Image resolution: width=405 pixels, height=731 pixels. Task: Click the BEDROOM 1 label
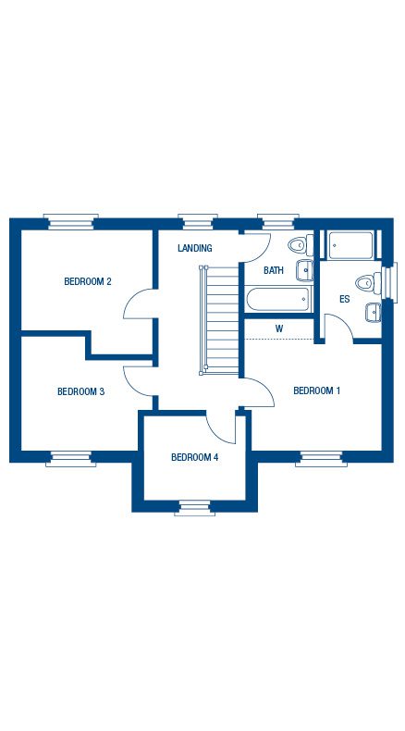click(x=316, y=390)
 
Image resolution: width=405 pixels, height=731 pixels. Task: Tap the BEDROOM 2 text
click(x=88, y=281)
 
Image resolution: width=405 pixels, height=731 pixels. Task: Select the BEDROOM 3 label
click(x=80, y=391)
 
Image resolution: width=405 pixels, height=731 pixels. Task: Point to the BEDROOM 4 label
click(x=195, y=457)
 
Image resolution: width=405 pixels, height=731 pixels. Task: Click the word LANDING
click(x=195, y=248)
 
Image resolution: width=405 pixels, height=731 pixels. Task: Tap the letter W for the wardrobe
click(x=279, y=328)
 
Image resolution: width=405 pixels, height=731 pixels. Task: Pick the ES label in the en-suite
click(x=344, y=299)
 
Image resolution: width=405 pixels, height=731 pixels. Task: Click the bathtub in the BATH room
click(x=277, y=299)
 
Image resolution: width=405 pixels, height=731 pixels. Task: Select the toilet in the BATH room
click(x=301, y=245)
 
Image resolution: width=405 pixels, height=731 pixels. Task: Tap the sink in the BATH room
click(x=304, y=270)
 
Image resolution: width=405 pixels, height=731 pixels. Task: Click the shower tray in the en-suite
click(x=350, y=245)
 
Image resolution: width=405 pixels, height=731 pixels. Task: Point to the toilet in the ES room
click(x=369, y=282)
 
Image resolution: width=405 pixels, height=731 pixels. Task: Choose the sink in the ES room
click(x=374, y=313)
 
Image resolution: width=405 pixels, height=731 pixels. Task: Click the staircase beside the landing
click(x=219, y=320)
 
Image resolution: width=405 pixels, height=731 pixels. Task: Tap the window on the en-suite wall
click(x=389, y=282)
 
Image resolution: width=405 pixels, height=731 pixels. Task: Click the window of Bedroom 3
click(x=71, y=459)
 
